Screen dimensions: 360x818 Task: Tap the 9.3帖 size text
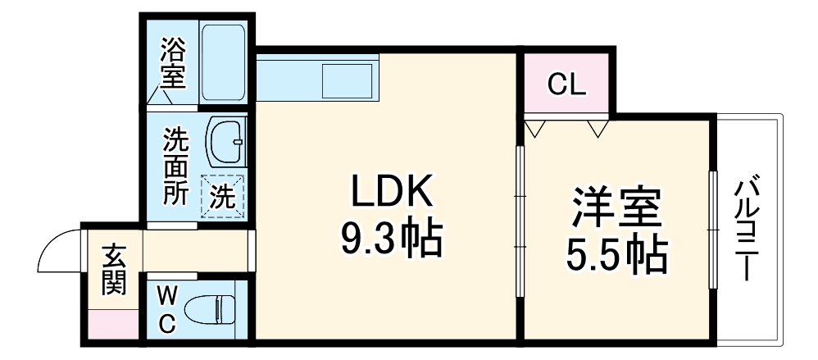click(x=391, y=239)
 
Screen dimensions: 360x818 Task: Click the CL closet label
click(x=566, y=84)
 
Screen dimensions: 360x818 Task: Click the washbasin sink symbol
click(x=226, y=141)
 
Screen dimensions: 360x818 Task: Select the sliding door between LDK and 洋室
click(x=519, y=221)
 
